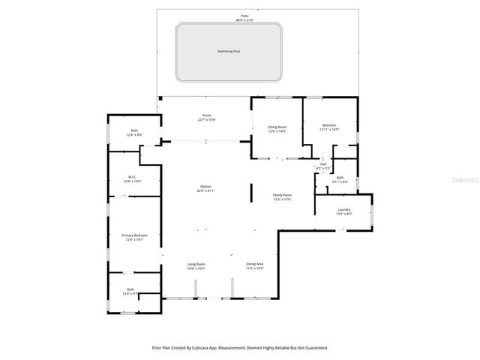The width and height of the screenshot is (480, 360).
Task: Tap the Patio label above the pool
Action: click(x=244, y=14)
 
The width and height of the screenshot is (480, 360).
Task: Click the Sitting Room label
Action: click(x=277, y=127)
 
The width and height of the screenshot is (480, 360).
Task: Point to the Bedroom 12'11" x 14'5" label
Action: click(x=329, y=125)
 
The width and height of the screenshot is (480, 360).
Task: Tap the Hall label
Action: click(x=323, y=163)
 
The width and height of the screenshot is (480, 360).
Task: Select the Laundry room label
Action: click(x=343, y=209)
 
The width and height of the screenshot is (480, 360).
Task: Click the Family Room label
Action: click(x=281, y=195)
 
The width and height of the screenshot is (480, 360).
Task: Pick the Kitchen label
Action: click(x=205, y=186)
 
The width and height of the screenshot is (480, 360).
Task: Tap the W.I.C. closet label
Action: click(x=132, y=177)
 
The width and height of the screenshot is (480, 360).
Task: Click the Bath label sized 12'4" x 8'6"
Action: click(x=134, y=130)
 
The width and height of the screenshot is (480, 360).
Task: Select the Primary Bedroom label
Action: click(x=135, y=235)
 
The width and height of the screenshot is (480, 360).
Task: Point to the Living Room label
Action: click(x=196, y=264)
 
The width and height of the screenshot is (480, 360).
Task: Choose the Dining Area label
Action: click(x=255, y=264)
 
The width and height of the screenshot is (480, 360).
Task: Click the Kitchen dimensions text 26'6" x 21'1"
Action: click(x=205, y=191)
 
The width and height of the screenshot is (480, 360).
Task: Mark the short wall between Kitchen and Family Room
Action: click(x=250, y=193)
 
